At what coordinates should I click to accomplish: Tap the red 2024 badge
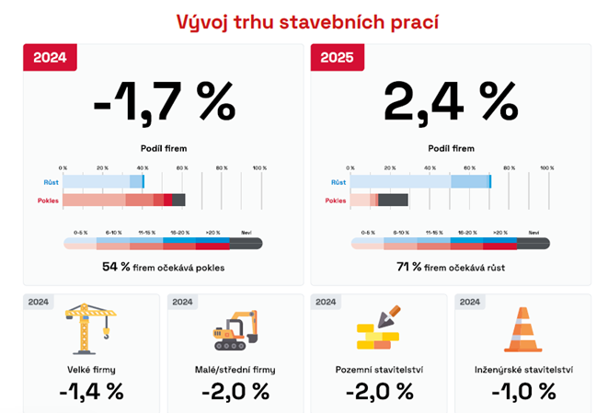point(50,58)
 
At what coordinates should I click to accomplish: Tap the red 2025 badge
point(337,58)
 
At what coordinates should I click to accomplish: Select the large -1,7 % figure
point(165,104)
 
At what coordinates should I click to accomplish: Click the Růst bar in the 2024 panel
point(104,183)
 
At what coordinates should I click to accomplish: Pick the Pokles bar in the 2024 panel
point(123,200)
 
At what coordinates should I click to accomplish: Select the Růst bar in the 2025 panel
point(420,183)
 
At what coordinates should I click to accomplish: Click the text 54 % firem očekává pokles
point(164,267)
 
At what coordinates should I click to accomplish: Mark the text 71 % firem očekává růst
point(451,267)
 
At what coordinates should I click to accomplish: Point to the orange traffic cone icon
point(522,329)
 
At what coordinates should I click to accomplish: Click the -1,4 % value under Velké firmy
point(91,391)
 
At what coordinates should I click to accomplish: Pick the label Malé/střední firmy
point(235,370)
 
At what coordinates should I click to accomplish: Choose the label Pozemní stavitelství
point(380,370)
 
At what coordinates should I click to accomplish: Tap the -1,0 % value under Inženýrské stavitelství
point(522,391)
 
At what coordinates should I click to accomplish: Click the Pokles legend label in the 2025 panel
point(336,200)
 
